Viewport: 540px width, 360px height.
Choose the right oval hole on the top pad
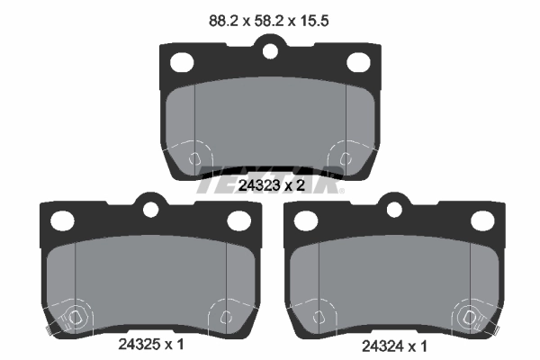pyautogui.click(x=357, y=62)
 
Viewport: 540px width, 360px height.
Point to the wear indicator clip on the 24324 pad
pyautogui.click(x=468, y=317)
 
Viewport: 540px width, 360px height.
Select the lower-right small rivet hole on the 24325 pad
pyautogui.click(x=222, y=317)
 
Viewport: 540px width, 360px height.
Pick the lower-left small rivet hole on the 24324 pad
pyautogui.click(x=319, y=317)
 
